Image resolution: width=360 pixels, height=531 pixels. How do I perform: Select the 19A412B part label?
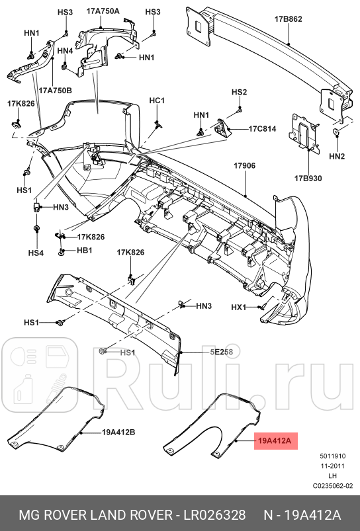point(118,433)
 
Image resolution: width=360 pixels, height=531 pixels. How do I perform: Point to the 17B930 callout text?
point(308,178)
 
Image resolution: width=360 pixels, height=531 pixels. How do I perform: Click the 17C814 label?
point(262,128)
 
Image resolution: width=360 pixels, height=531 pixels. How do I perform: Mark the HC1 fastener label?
point(156,101)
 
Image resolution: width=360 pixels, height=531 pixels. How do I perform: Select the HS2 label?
point(239,92)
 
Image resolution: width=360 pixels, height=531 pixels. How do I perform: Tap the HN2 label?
point(337,156)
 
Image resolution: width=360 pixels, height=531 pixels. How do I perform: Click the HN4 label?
point(65,51)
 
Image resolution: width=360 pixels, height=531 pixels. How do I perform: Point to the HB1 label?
point(84,251)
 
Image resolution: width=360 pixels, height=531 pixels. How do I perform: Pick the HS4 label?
point(36,253)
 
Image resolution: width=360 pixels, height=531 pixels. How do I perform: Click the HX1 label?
point(238,307)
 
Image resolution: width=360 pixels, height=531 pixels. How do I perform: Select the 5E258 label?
point(222,352)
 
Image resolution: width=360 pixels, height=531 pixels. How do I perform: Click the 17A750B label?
point(55,91)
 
